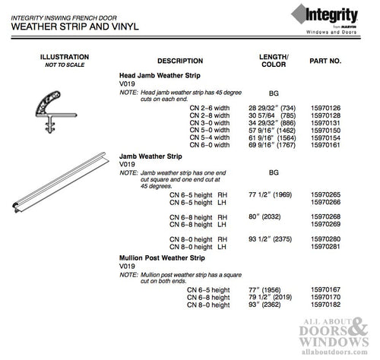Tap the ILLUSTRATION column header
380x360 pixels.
(64, 57)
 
